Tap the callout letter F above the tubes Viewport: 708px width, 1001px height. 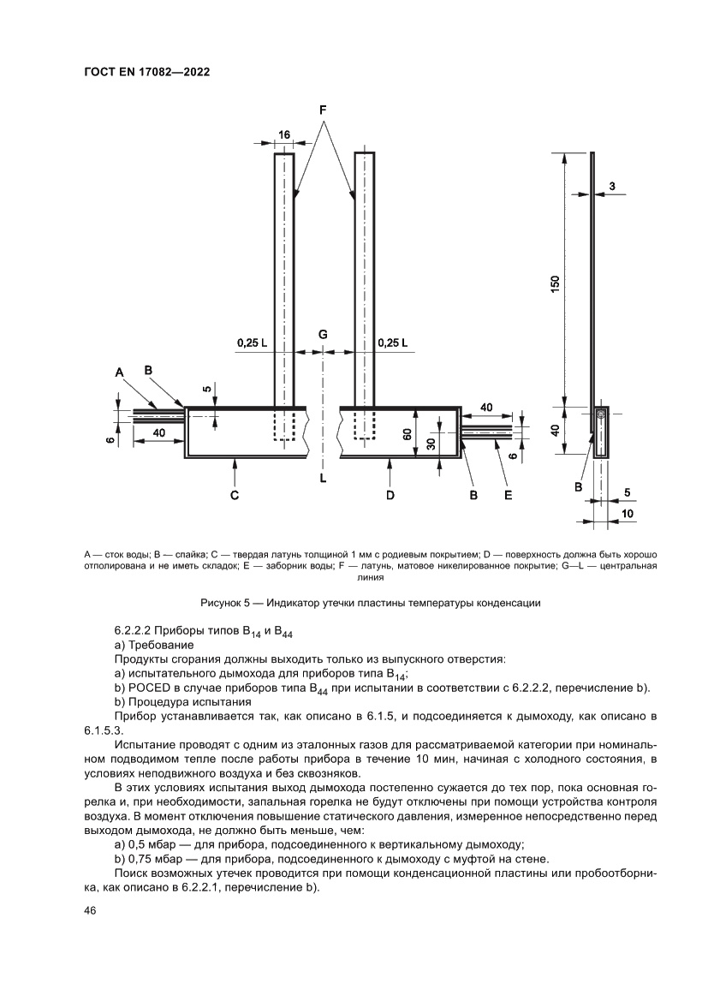[324, 110]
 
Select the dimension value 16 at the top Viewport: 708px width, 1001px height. [284, 134]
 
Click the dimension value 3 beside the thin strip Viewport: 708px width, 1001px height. [613, 185]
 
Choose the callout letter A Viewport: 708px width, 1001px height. [119, 371]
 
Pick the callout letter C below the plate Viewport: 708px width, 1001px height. [234, 494]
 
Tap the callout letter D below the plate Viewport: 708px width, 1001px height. [390, 494]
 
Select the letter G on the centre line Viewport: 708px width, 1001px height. [323, 334]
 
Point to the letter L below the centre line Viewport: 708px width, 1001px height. [323, 479]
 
